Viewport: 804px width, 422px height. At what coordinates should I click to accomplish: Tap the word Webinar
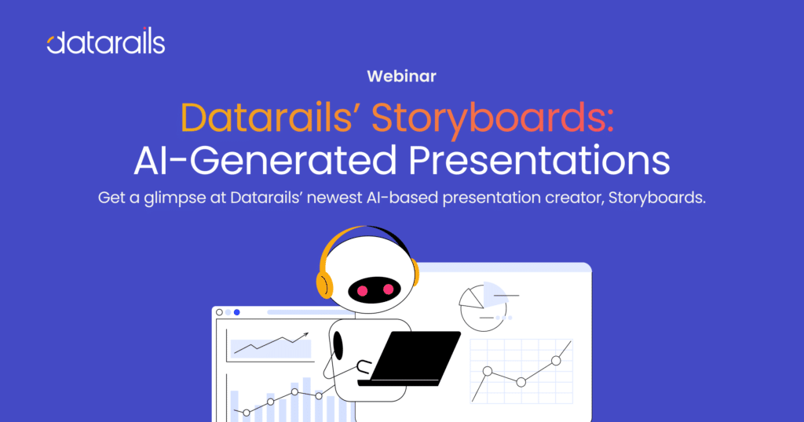tap(401, 77)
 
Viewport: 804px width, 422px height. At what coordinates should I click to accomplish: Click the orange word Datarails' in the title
tap(272, 118)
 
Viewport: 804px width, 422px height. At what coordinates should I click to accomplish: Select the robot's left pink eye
tap(363, 290)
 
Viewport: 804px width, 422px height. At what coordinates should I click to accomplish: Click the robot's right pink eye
tap(387, 290)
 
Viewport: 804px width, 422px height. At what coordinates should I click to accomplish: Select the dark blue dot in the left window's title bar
tap(237, 312)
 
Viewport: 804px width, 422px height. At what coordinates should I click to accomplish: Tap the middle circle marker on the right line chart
tap(521, 382)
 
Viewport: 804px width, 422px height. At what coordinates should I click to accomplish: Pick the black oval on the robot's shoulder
tap(338, 344)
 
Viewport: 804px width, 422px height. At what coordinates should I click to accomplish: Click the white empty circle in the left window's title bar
tap(219, 312)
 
